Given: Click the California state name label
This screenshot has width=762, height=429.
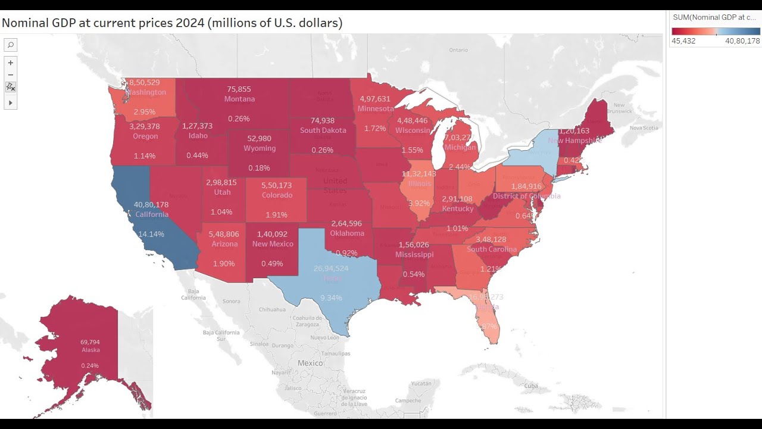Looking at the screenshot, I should coord(152,214).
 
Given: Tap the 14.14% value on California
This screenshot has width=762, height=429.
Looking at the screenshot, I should coord(151,234).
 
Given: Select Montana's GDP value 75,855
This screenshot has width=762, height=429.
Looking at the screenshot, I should coord(239,89).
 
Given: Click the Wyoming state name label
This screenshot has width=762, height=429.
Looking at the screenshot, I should coord(260,148).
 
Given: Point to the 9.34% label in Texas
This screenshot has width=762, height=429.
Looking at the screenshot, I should coord(331,298).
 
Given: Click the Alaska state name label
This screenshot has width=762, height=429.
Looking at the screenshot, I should coord(91,350).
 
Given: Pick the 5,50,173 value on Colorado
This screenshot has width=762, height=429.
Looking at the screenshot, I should coord(277,186).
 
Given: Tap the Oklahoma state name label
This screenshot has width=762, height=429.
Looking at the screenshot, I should coord(347,234).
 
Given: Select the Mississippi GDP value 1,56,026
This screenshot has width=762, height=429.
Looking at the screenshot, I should coord(414,245).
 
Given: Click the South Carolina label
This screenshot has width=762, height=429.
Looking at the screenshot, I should coord(492,249).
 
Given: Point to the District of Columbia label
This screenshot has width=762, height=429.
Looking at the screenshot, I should coord(526,196).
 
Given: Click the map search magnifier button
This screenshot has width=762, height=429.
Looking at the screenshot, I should coord(10,45).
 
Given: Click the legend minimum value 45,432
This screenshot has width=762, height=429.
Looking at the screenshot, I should coord(683,41).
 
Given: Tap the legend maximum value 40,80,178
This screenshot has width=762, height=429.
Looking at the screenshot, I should coord(742,41).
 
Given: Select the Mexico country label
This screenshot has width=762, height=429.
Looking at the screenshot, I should coord(310,363).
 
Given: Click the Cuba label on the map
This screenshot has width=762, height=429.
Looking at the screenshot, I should coord(530,386).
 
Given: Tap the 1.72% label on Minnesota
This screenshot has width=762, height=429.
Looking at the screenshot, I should coord(375,128).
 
